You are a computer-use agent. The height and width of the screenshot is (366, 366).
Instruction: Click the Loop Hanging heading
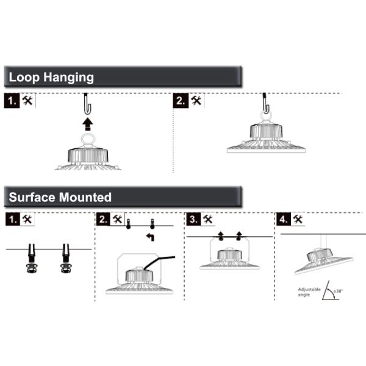point(51,77)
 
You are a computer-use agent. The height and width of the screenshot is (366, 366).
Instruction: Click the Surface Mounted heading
point(60,197)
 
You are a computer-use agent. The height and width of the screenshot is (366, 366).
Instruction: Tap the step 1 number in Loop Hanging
point(12,101)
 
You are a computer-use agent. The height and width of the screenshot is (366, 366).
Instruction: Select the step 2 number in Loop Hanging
point(181,101)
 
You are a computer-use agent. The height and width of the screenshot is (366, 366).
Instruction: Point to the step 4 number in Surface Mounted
point(284,220)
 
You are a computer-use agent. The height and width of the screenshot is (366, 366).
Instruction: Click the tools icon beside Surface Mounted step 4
point(298,219)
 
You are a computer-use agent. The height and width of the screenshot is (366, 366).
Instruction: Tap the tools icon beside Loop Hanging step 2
point(196,101)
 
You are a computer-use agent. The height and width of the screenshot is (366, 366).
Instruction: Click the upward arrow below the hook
point(88,124)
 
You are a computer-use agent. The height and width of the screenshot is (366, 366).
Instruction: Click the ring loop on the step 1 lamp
point(87,140)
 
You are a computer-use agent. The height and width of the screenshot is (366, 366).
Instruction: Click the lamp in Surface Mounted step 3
point(229,259)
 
